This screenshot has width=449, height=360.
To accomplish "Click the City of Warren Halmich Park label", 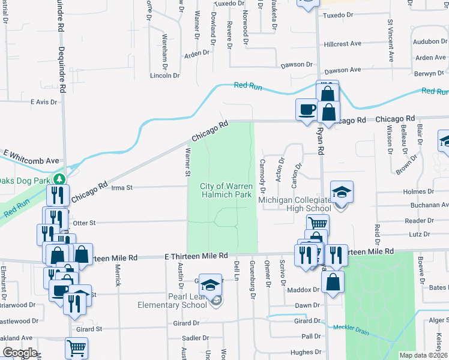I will pyautogui.click(x=226, y=191).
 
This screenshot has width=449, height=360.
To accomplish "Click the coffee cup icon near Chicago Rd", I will pyautogui.click(x=307, y=109).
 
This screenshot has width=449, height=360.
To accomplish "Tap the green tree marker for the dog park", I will pyautogui.click(x=59, y=179).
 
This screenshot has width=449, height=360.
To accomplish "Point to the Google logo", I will pyautogui.click(x=20, y=353).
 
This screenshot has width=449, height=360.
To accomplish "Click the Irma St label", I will pyautogui.click(x=122, y=187).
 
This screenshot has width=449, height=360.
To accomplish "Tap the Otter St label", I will pyautogui.click(x=83, y=223).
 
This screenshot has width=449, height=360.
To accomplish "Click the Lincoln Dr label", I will pyautogui.click(x=164, y=76).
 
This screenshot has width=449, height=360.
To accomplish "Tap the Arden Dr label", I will pyautogui.click(x=196, y=53).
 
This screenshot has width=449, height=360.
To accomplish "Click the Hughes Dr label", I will pyautogui.click(x=306, y=352).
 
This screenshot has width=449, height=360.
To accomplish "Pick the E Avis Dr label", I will pyautogui.click(x=43, y=102).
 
